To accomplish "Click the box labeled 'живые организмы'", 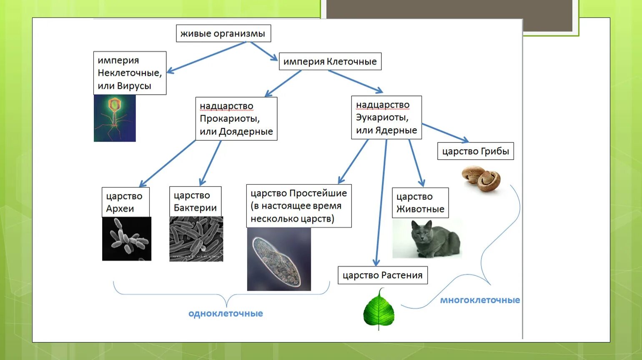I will tap(223, 33).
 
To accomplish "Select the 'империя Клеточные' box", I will tap(330, 62).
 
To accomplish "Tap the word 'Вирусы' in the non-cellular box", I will tap(134, 86).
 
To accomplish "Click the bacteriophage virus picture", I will tap(115, 118).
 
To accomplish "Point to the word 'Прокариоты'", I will tap(230, 119).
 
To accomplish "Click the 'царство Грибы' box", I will tap(475, 151).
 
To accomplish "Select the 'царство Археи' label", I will tap(125, 202).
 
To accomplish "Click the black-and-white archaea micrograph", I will tap(127, 239).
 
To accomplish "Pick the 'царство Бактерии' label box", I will tap(195, 202).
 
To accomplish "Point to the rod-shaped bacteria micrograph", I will tap(196, 239).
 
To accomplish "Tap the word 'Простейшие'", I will tap(318, 193).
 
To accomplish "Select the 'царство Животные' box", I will tap(420, 203).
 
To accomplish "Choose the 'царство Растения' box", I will tap(382, 275).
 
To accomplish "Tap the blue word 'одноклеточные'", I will tap(226, 314).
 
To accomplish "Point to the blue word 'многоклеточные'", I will tap(480, 300).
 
